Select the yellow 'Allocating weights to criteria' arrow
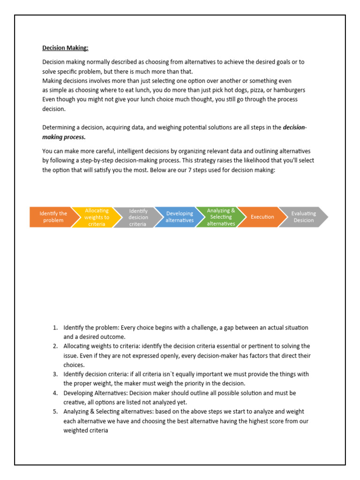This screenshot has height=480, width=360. pos(96,217)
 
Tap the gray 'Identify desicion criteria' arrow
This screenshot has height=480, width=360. pos(138,217)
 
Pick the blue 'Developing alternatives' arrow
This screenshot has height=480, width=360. pos(179,217)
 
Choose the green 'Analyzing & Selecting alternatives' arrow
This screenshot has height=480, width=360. pos(221,217)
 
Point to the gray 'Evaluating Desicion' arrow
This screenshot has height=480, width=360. pos(303,217)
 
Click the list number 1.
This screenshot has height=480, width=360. pos(55,328)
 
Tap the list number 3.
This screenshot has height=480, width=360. pos(55,374)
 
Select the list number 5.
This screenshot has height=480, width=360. pos(55,412)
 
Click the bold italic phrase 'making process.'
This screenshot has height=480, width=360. pos(64,137)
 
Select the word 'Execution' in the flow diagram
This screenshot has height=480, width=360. pos(262,217)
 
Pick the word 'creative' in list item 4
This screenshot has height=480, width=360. pos(74,402)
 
